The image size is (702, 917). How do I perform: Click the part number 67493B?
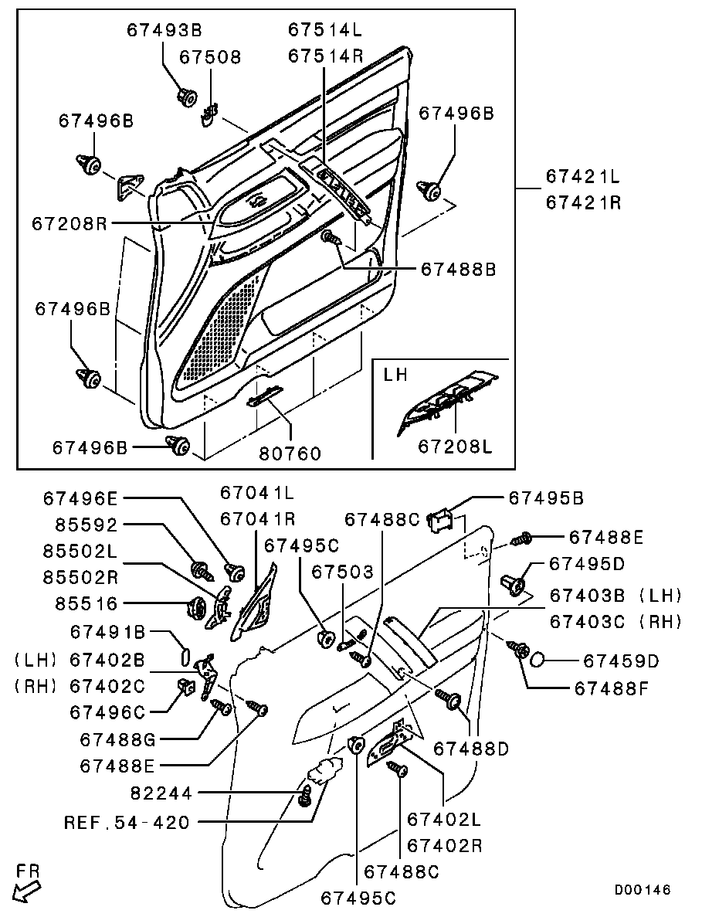(x=164, y=30)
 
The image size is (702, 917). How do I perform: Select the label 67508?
(x=211, y=58)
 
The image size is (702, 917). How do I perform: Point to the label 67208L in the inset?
(x=456, y=447)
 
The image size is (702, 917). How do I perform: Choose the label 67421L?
(x=583, y=177)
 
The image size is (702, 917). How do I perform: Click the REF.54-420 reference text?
(x=127, y=823)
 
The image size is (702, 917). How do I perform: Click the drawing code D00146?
(x=643, y=890)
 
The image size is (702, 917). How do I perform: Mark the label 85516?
(x=86, y=603)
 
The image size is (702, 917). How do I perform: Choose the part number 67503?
(x=343, y=572)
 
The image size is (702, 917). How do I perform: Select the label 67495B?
(x=547, y=499)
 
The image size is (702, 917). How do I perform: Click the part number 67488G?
(x=118, y=739)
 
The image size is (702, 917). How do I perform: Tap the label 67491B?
(x=108, y=632)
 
